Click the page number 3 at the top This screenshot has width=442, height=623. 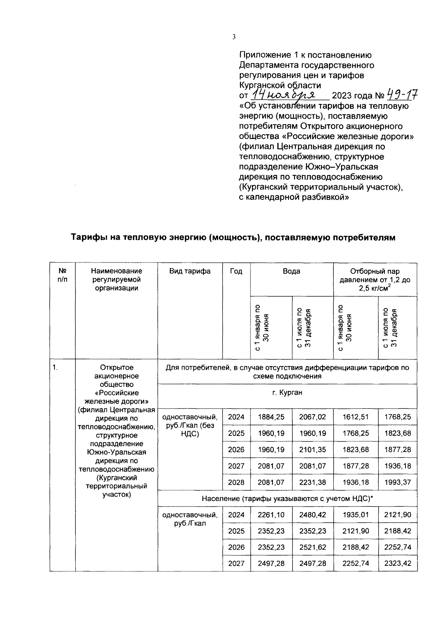coord(234,36)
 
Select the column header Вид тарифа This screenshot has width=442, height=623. coord(190,271)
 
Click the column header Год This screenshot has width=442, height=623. coord(236,271)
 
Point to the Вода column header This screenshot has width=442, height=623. coord(291,271)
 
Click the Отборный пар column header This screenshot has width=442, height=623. coord(375,279)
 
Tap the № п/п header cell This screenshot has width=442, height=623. coord(62,275)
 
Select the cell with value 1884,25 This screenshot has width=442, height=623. coord(271,417)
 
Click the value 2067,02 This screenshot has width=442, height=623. coord(312,417)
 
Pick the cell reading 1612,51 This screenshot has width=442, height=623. coord(355,417)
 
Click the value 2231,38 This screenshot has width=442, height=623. coord(312,482)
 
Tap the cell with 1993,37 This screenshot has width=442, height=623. coord(397,482)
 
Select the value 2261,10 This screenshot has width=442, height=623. coord(271,515)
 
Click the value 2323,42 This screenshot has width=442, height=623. coord(397,563)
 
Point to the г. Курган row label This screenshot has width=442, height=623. coord(287,393)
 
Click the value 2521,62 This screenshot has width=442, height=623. coord(312,547)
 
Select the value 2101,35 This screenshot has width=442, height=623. coord(312,449)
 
